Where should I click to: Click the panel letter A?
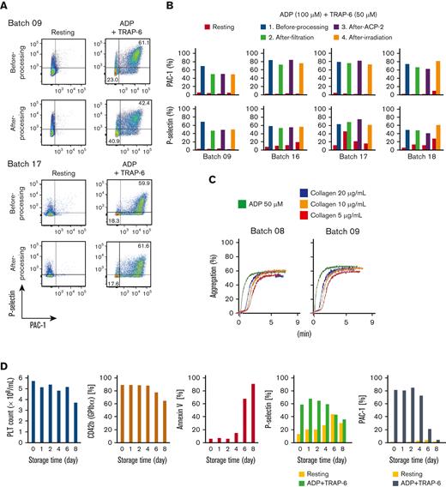coord(5,6)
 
